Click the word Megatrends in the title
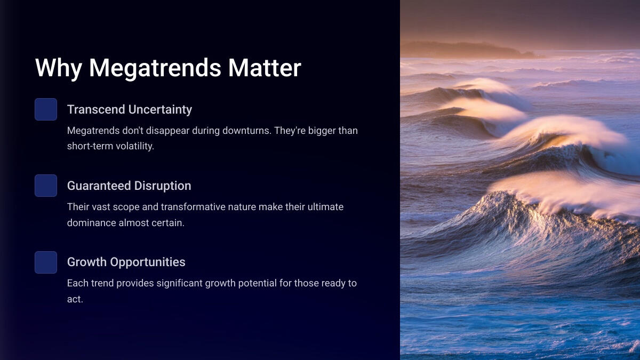pos(155,69)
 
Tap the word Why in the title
pos(59,69)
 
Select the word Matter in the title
pos(265,68)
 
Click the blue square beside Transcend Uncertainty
pos(46,109)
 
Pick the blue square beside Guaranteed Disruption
pos(46,186)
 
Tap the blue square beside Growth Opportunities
pos(46,262)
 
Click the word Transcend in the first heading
pos(96,109)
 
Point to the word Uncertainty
pos(161,110)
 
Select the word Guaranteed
pos(99,186)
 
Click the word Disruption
pos(163,186)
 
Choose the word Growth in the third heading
pos(87,262)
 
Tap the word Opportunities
pos(148,262)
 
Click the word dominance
pos(91,223)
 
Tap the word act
pos(75,299)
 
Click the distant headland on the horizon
pos(469,50)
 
